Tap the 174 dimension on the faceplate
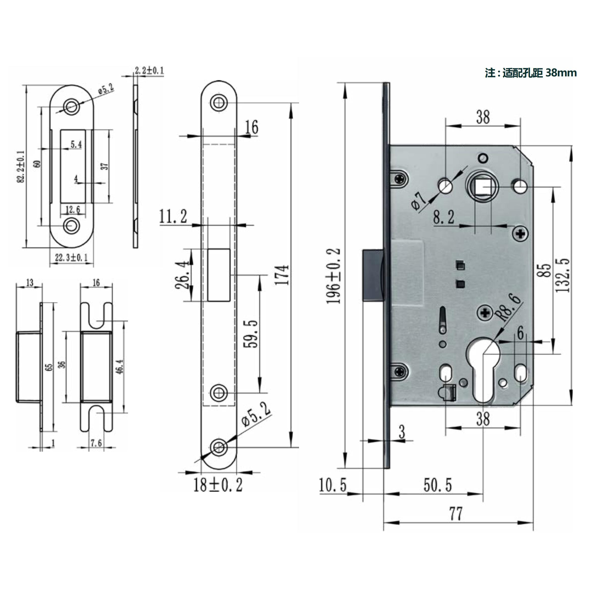(x=282, y=275)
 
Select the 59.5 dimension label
(x=250, y=334)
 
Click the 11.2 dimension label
(x=173, y=217)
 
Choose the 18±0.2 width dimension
(x=218, y=485)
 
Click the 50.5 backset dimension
(x=437, y=486)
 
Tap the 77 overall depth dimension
(x=456, y=514)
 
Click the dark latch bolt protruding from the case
(x=373, y=275)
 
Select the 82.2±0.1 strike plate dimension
(x=21, y=166)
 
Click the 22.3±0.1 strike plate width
(x=71, y=257)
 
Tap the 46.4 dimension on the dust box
(x=120, y=366)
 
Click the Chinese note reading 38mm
(x=530, y=73)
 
